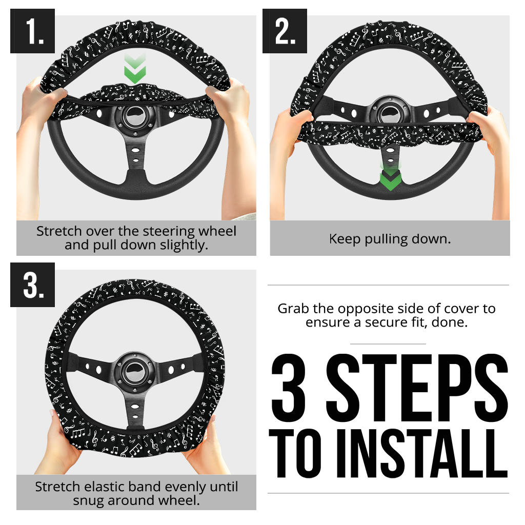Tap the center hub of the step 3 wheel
click(x=134, y=368)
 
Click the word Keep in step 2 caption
click(x=343, y=239)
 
